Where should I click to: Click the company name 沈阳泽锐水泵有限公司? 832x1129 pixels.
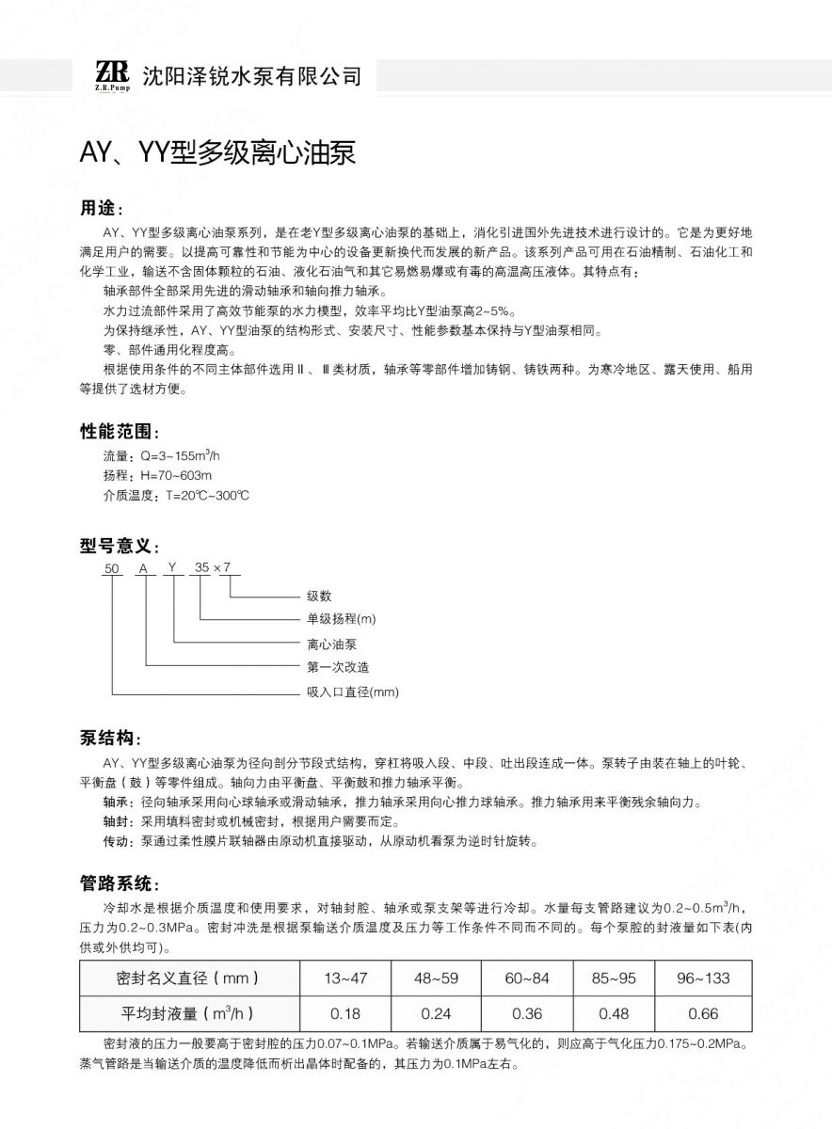click(x=249, y=76)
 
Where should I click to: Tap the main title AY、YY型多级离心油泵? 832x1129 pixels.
click(x=217, y=152)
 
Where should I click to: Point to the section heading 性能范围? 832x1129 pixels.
click(x=120, y=433)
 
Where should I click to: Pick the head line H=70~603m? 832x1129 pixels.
click(x=157, y=476)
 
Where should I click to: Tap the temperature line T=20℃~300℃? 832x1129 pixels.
click(x=175, y=496)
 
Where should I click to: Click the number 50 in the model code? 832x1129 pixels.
click(x=112, y=567)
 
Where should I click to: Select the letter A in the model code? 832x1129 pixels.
click(x=143, y=567)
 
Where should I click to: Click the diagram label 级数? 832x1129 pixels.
click(x=319, y=596)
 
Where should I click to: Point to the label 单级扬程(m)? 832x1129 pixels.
click(x=341, y=619)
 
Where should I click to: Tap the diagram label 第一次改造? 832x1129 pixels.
click(x=338, y=667)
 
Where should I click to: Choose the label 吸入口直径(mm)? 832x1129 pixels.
click(x=353, y=692)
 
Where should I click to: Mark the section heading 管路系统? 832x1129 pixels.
click(x=120, y=883)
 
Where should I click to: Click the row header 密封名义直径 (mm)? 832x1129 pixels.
click(x=187, y=978)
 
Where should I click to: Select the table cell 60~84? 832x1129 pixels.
click(x=526, y=978)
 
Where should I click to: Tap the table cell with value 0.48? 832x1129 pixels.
click(x=616, y=1013)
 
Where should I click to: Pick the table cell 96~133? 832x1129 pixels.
click(x=703, y=978)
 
